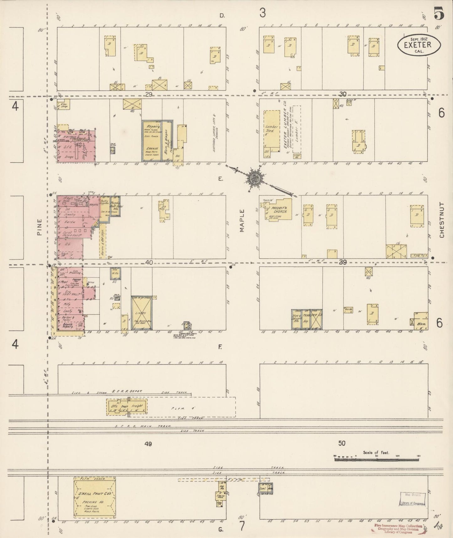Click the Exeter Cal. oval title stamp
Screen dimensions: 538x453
[x=419, y=45]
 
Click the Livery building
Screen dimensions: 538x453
[x=141, y=313]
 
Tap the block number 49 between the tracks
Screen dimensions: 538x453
[x=148, y=444]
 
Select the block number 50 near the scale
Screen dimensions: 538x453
[x=341, y=443]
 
